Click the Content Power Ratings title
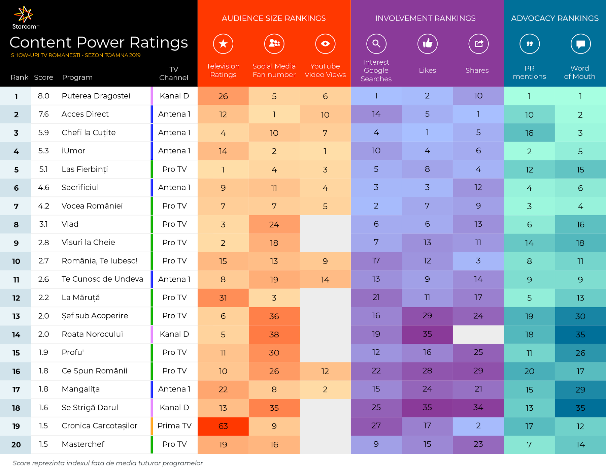99,42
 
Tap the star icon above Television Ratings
223,43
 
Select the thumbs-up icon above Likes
427,43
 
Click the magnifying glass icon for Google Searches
376,43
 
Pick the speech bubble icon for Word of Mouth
580,44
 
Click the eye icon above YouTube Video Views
325,43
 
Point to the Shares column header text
477,70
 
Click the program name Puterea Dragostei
96,96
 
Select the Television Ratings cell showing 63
223,426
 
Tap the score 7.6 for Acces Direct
43,114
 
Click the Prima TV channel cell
174,426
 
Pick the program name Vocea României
92,206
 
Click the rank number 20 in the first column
16,445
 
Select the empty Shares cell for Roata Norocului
478,334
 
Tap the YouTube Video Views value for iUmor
325,151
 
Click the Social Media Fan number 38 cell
274,335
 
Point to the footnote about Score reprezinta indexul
108,463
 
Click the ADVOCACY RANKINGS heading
554,18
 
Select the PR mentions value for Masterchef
529,445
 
